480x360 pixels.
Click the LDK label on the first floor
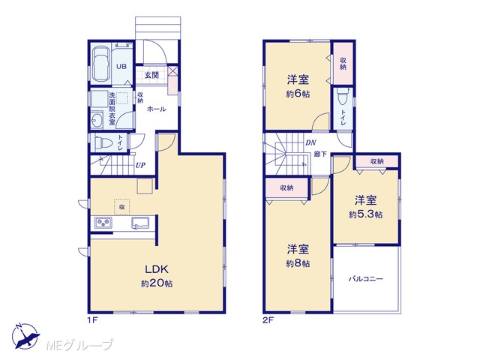pyautogui.click(x=157, y=269)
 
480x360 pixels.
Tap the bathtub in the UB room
pyautogui.click(x=100, y=64)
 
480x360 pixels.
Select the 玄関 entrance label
pyautogui.click(x=151, y=75)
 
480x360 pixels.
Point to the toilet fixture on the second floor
pyautogui.click(x=343, y=97)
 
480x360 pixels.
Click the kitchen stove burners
pyautogui.click(x=103, y=223)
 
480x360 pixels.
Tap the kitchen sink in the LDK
pyautogui.click(x=140, y=223)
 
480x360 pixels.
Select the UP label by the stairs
pyautogui.click(x=140, y=165)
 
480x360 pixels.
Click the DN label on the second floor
pyautogui.click(x=310, y=142)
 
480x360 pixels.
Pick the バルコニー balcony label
pyautogui.click(x=366, y=279)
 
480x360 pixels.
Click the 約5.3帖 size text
pyautogui.click(x=365, y=214)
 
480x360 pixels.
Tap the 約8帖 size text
pyautogui.click(x=298, y=263)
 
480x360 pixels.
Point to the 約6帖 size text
pyautogui.click(x=298, y=94)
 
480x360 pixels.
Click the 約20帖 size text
pyautogui.click(x=157, y=283)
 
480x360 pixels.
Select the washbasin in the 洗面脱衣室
pyautogui.click(x=97, y=121)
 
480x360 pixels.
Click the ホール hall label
pyautogui.click(x=157, y=109)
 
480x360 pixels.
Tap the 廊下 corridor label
pyautogui.click(x=320, y=154)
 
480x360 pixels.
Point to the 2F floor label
pyautogui.click(x=268, y=320)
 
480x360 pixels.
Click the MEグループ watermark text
pyautogui.click(x=79, y=346)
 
